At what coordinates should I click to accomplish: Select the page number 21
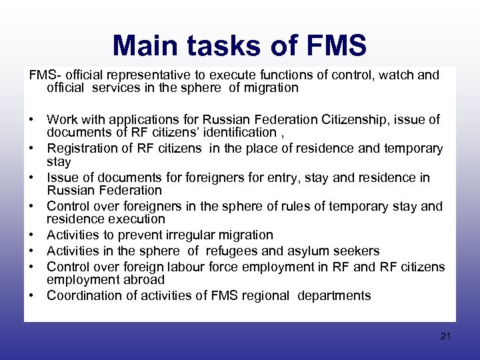tap(446, 337)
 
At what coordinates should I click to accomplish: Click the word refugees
tap(232, 251)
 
